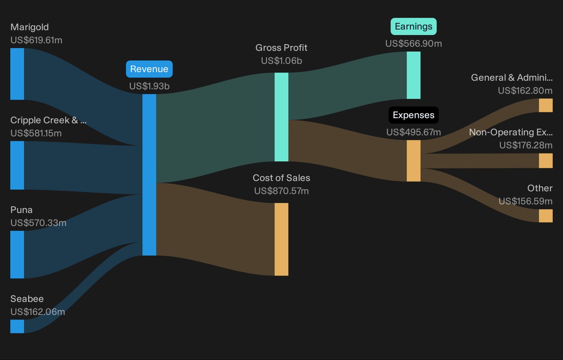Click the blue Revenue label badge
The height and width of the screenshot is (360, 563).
click(149, 69)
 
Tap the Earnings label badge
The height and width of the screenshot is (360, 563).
click(414, 27)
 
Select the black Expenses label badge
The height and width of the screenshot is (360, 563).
click(414, 115)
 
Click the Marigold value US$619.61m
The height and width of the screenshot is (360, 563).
click(36, 40)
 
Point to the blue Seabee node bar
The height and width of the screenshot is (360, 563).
click(17, 326)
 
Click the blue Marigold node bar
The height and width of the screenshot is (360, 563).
click(17, 74)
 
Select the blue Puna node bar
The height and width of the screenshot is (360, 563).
click(17, 255)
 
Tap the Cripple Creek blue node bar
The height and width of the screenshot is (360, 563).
click(17, 165)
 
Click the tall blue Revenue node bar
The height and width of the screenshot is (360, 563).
click(149, 175)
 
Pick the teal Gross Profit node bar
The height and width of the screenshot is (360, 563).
click(281, 117)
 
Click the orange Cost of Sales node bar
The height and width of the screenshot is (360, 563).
click(281, 239)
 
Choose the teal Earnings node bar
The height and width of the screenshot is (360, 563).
click(414, 75)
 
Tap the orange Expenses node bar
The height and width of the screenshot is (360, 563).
click(414, 161)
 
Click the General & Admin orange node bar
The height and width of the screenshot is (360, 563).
click(546, 105)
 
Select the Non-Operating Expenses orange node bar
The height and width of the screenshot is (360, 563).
click(546, 160)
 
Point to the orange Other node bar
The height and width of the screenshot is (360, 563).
click(546, 216)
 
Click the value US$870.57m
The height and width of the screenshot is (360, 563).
click(281, 191)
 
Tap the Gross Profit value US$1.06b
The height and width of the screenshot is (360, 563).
click(281, 61)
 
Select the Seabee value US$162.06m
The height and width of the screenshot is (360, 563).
click(38, 312)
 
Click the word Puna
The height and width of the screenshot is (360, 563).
click(22, 210)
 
